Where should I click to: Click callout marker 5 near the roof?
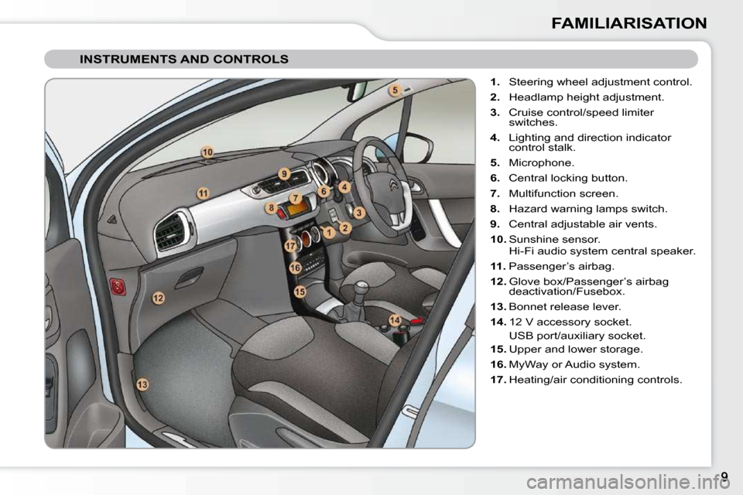click(x=394, y=90)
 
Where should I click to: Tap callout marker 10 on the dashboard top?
click(x=207, y=152)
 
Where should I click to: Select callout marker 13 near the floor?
click(x=142, y=384)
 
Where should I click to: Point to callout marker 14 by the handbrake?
click(x=395, y=320)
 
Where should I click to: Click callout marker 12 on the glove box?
click(x=158, y=297)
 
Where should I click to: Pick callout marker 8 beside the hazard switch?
click(x=271, y=207)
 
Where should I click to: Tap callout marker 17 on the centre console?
click(x=290, y=245)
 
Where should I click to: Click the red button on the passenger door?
click(x=118, y=286)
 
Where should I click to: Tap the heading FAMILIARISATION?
click(x=628, y=23)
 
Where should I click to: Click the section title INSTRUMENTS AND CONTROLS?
click(x=184, y=59)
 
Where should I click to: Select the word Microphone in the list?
click(x=541, y=162)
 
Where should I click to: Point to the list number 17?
click(x=498, y=379)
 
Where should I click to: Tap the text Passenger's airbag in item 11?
click(x=561, y=266)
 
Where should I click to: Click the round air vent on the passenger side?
click(x=170, y=231)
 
